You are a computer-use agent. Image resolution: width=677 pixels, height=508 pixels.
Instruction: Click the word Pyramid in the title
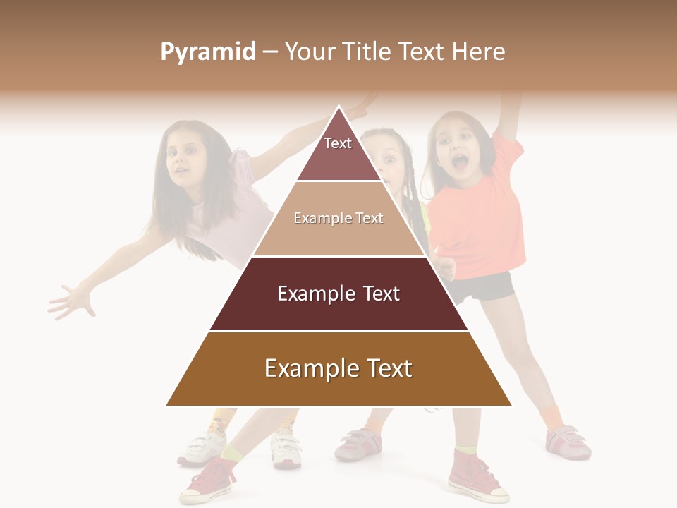(x=208, y=52)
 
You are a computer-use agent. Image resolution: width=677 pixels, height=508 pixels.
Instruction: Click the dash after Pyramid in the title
(x=270, y=52)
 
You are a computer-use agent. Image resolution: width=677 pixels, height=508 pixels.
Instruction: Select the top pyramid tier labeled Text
(x=338, y=152)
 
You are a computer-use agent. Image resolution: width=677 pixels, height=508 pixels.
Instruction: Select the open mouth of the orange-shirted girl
(x=459, y=164)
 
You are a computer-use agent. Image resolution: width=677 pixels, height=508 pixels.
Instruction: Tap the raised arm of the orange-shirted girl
(x=509, y=113)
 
